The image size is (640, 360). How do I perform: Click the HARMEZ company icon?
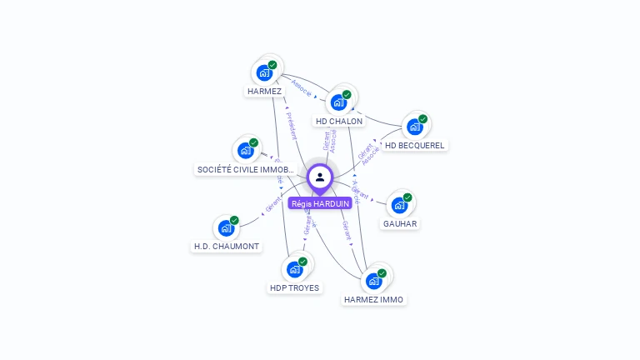(265, 72)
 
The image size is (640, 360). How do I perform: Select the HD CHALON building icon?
(338, 102)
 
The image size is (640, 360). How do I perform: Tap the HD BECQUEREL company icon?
(414, 127)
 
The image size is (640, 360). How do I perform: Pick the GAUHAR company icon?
(400, 204)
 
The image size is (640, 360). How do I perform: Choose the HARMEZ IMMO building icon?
(374, 281)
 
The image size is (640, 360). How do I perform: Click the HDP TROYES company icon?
(294, 269)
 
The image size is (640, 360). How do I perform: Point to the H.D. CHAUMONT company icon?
(226, 227)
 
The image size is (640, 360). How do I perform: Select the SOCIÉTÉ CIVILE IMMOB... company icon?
(245, 150)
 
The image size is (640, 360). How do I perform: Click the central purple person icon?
(320, 177)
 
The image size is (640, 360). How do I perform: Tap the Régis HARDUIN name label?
(320, 203)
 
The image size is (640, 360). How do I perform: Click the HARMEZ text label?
(265, 91)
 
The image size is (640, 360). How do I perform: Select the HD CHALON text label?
(339, 121)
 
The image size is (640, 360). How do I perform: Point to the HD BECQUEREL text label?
(415, 145)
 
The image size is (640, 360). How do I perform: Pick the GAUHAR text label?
(400, 223)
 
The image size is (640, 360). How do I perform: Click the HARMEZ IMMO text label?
(374, 299)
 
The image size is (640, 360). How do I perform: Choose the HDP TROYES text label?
(294, 287)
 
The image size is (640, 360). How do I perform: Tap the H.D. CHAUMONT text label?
(227, 247)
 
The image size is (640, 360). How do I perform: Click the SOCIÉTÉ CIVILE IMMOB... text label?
(245, 169)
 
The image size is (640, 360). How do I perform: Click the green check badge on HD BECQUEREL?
(422, 119)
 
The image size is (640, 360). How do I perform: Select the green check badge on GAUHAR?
(408, 197)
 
